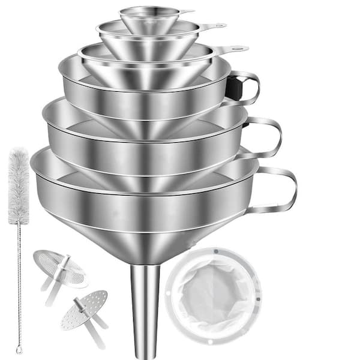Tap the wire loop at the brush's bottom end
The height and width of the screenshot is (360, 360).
click(x=19, y=348)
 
